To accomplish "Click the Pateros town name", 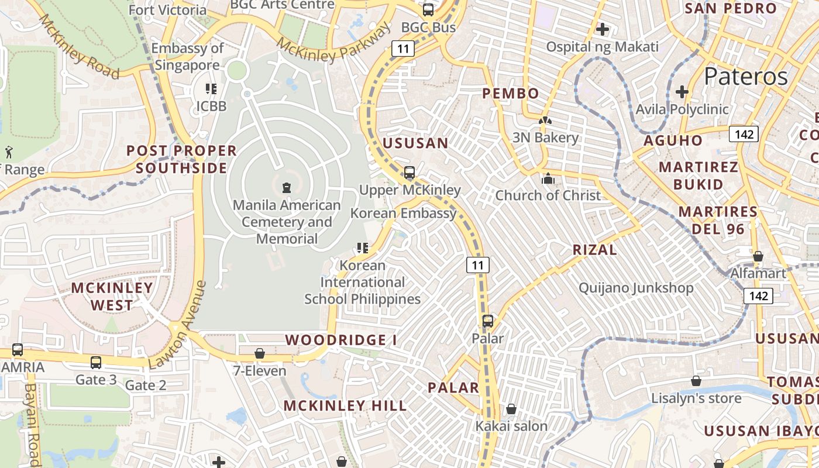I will click(x=746, y=76).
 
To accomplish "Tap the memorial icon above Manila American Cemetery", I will click(x=287, y=188).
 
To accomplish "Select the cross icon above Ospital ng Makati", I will click(x=603, y=29).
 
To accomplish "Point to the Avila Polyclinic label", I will click(x=682, y=109).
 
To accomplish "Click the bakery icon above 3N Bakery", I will click(x=545, y=121).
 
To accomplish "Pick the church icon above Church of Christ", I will click(x=548, y=178).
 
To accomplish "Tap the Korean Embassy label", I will click(x=403, y=213).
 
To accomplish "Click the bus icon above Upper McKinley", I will click(x=409, y=173).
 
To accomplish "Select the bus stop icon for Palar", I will click(x=488, y=321).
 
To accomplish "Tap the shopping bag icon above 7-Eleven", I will click(x=260, y=354).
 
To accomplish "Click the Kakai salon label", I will click(x=511, y=426).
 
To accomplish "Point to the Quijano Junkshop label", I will click(x=636, y=288).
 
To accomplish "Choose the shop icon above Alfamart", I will click(x=758, y=256).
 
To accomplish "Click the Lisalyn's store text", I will click(x=696, y=398).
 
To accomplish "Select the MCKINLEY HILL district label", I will click(x=345, y=405).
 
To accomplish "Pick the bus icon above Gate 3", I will click(x=96, y=363).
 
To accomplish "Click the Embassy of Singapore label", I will click(x=187, y=57).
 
